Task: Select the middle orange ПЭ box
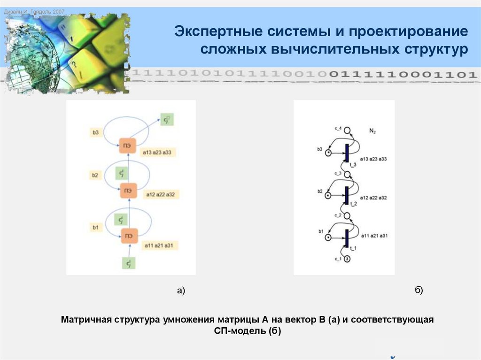coord(127,191)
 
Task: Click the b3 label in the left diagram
coord(96,133)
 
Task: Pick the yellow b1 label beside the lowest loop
coord(95,228)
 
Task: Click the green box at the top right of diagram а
coord(166,120)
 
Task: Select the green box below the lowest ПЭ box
coord(128,264)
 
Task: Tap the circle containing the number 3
coord(347,259)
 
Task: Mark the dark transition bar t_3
coord(347,153)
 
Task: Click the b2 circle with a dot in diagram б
coord(328,195)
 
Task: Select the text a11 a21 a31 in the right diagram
coord(374,235)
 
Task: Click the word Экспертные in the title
coord(217,33)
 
